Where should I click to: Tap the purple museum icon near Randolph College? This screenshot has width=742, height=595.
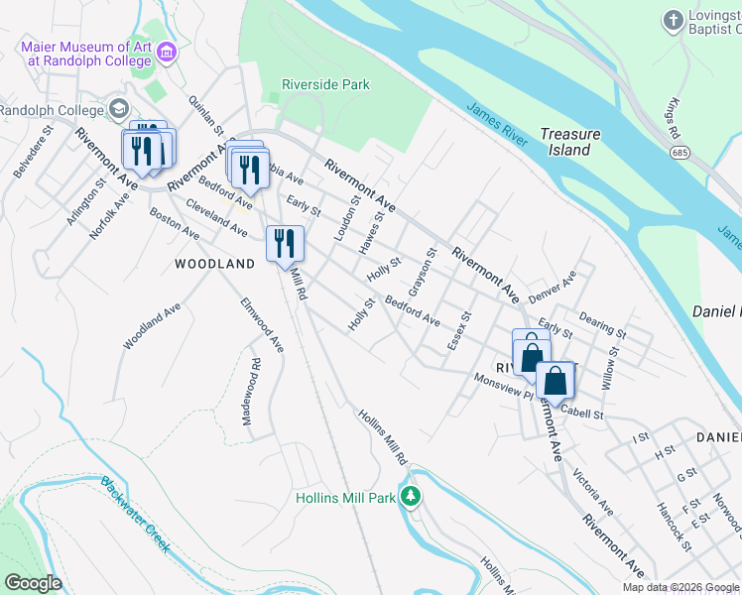(x=166, y=52)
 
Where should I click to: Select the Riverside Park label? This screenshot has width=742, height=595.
(x=324, y=85)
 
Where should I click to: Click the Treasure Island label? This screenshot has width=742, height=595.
(x=570, y=142)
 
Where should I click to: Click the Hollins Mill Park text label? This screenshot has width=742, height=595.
(x=345, y=498)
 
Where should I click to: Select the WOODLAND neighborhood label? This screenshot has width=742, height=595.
(x=214, y=264)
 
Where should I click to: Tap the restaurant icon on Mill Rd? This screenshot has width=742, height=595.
(x=285, y=242)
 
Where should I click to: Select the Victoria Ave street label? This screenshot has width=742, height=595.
(x=592, y=492)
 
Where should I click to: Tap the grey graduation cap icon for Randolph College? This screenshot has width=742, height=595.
(x=119, y=108)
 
